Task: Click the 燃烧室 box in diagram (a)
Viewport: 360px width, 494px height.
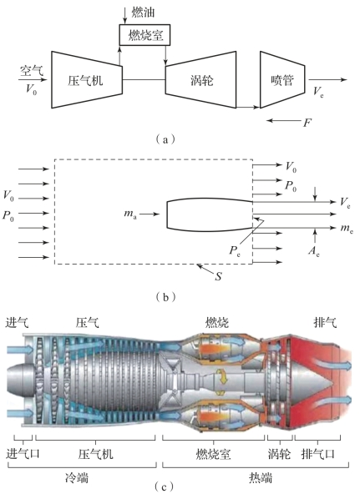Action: (x=145, y=35)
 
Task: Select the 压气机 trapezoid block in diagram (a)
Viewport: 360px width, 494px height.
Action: (x=87, y=80)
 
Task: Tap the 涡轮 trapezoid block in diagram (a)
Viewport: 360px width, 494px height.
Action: (x=200, y=80)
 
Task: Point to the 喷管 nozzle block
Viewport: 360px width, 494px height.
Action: (x=282, y=80)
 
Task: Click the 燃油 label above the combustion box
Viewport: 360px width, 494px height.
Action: (x=143, y=13)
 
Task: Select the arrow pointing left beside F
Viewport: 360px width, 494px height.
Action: (x=283, y=120)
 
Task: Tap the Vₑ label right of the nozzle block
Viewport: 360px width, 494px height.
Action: (x=318, y=92)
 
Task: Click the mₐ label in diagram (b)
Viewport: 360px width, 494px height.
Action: (x=130, y=214)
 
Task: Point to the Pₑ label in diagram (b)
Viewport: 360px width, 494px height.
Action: (x=235, y=251)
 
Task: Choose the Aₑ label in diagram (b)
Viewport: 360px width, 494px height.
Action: (x=314, y=251)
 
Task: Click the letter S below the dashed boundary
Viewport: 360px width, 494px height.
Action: (x=218, y=276)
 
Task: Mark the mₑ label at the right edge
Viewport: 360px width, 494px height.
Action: (x=347, y=228)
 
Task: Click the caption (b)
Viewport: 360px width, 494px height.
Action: (x=166, y=297)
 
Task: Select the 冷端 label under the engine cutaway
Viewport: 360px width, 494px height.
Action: (x=77, y=477)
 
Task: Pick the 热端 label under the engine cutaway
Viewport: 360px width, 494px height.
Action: (x=261, y=477)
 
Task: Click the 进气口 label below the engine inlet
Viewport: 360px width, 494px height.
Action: (x=23, y=454)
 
